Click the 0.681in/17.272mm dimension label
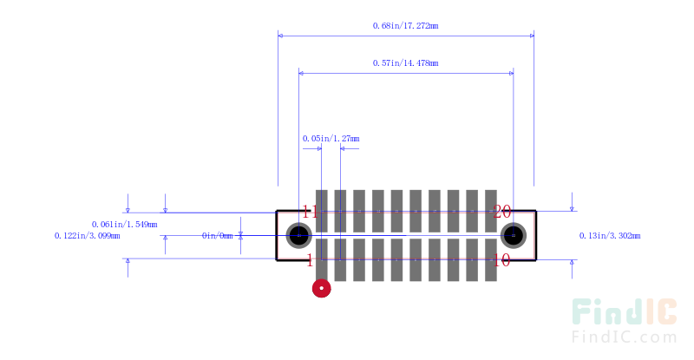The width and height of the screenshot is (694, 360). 405,26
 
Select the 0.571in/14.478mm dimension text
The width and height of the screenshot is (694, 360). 405,63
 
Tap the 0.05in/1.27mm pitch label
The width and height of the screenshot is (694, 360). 331,138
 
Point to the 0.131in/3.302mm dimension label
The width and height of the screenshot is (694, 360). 610,235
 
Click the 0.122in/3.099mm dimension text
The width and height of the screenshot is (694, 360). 87,235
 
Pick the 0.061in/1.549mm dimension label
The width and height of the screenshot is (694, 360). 124,225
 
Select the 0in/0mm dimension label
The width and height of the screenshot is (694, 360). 218,235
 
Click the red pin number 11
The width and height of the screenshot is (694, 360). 310,212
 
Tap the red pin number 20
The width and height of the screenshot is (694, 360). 502,212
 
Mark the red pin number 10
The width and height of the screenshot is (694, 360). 502,259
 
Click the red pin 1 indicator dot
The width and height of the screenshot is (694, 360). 322,288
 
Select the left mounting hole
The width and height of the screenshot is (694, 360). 299,235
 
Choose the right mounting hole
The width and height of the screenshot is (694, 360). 514,235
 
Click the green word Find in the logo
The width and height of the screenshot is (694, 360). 605,314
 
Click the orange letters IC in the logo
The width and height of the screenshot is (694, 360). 658,314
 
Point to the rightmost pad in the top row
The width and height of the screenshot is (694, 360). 491,210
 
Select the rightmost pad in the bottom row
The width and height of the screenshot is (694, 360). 491,260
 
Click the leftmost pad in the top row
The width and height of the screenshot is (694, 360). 321,210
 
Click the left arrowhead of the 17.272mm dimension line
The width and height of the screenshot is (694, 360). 282,36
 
